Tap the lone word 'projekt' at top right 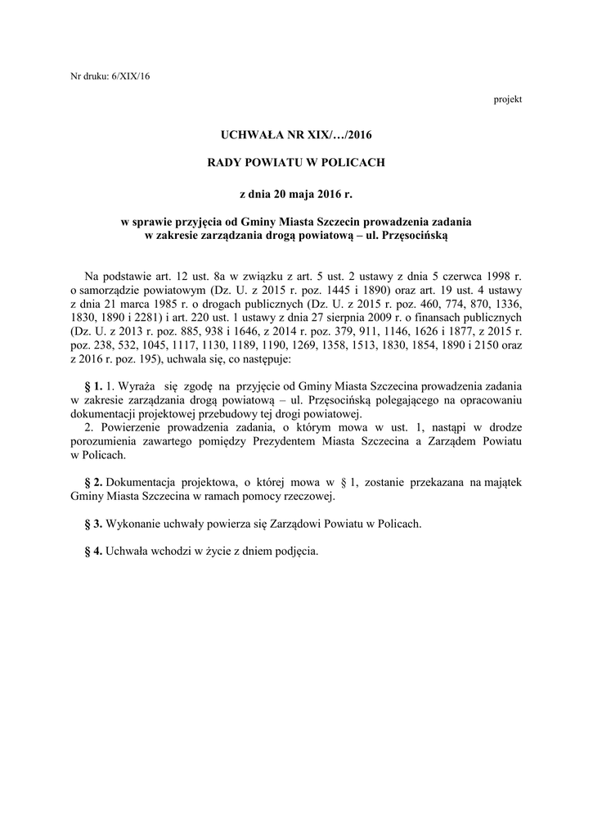(508, 99)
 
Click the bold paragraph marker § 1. (93, 385)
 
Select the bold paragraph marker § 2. (93, 483)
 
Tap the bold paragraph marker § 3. (93, 523)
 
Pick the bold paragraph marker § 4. (93, 551)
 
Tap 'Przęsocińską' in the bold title (416, 235)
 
